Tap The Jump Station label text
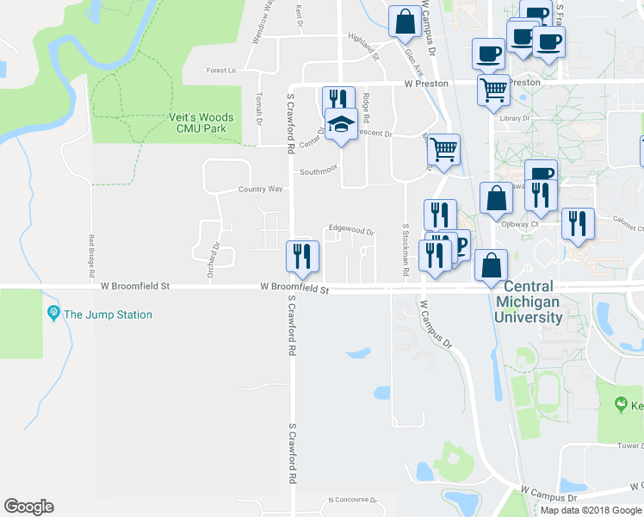108,315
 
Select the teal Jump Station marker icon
53,314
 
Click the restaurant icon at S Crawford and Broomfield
302,256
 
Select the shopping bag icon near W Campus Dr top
406,20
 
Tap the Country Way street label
260,189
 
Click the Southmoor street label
316,171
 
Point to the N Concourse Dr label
353,500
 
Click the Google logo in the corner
28,507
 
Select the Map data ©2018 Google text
591,510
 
